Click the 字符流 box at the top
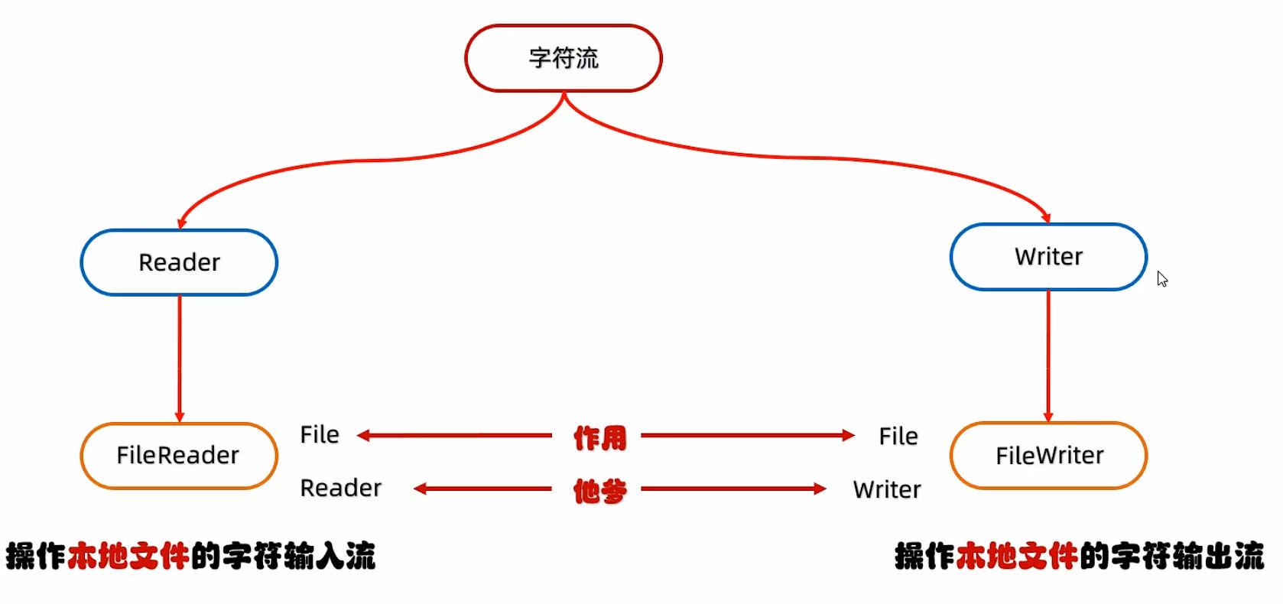[564, 58]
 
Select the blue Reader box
[179, 262]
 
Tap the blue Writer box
[1048, 257]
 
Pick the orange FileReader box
[179, 456]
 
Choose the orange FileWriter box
[1048, 456]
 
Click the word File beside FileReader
[320, 435]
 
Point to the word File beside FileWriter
[898, 437]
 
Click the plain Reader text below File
[340, 488]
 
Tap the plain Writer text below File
[887, 489]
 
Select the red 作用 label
[599, 438]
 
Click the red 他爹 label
[599, 491]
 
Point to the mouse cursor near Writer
[1161, 278]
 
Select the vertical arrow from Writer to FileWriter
[1048, 356]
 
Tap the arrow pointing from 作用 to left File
[455, 436]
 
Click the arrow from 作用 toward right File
[747, 436]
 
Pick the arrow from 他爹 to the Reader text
[482, 489]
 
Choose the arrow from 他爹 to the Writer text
[733, 489]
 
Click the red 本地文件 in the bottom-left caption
[128, 556]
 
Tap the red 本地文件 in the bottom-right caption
[1018, 556]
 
